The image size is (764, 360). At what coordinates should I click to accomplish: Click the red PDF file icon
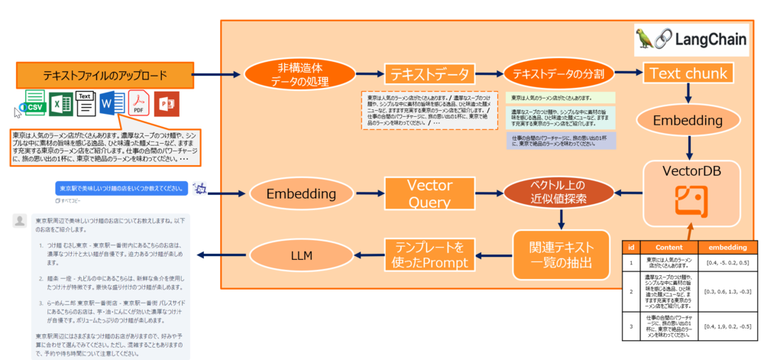tap(138, 103)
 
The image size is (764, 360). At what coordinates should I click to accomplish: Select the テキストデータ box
tap(430, 74)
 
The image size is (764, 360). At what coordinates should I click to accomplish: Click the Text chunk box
tap(690, 73)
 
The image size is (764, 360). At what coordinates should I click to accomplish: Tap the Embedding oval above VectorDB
tap(690, 121)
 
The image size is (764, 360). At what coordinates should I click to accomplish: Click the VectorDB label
tap(691, 170)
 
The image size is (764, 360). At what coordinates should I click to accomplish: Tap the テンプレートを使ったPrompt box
tap(429, 256)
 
